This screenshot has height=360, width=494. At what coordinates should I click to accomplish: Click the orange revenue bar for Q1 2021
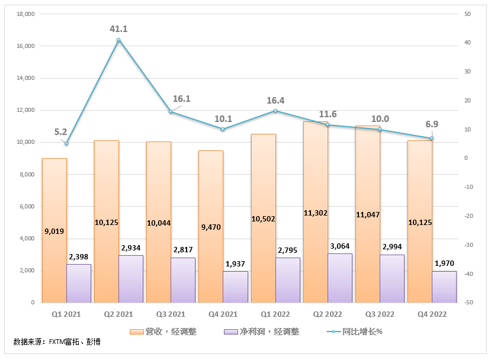click(54, 230)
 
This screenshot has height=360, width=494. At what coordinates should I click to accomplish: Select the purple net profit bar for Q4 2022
click(444, 287)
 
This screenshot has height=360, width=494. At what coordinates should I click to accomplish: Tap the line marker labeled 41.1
click(118, 40)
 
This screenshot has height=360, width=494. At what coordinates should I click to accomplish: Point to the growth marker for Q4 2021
click(223, 129)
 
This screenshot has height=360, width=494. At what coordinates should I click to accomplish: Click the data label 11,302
click(315, 213)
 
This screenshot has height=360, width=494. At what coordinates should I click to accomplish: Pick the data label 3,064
click(340, 246)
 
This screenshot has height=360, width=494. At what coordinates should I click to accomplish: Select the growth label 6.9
click(432, 124)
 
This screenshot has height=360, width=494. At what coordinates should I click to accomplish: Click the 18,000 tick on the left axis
click(26, 14)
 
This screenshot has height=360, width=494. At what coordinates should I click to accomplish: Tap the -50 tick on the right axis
click(469, 303)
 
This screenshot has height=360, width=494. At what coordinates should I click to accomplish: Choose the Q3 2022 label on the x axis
click(380, 314)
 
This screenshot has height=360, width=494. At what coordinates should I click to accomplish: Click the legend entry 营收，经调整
click(163, 332)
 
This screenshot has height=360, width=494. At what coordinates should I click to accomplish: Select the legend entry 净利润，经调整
click(262, 332)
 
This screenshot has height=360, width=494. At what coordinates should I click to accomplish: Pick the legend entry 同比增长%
click(354, 332)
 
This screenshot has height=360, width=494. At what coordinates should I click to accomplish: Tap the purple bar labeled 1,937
click(235, 287)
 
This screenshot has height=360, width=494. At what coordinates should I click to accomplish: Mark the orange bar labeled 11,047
click(368, 214)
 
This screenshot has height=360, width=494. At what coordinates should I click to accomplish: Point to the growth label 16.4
click(275, 101)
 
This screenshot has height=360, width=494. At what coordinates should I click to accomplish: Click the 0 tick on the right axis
click(466, 158)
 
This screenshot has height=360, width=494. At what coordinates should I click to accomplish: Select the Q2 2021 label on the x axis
click(118, 314)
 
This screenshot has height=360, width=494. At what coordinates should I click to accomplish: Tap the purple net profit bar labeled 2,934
click(131, 279)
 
